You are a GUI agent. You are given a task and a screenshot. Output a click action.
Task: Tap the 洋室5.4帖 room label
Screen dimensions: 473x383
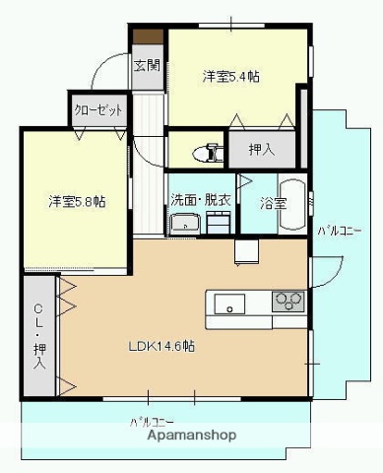(231, 76)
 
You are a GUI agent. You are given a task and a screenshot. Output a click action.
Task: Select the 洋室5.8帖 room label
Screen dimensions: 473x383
(77, 202)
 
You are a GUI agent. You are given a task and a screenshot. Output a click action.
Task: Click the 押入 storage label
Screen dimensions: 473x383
(260, 150)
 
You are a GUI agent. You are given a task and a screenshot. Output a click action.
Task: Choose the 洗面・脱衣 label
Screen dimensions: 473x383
(201, 200)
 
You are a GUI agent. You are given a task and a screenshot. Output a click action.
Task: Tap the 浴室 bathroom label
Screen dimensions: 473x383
(273, 204)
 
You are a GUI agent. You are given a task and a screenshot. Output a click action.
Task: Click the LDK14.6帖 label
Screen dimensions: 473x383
(160, 346)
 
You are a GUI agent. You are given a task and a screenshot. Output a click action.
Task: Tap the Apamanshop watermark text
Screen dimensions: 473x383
(193, 435)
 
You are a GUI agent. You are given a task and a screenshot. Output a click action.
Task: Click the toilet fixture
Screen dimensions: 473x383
(210, 152)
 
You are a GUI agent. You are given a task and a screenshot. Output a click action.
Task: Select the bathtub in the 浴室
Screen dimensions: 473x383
(292, 205)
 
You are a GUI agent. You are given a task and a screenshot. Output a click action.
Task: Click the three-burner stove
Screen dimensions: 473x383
(287, 300)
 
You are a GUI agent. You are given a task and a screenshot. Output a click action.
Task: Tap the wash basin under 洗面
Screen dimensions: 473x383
(184, 225)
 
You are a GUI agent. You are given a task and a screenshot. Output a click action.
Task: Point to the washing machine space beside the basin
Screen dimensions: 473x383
(220, 223)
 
